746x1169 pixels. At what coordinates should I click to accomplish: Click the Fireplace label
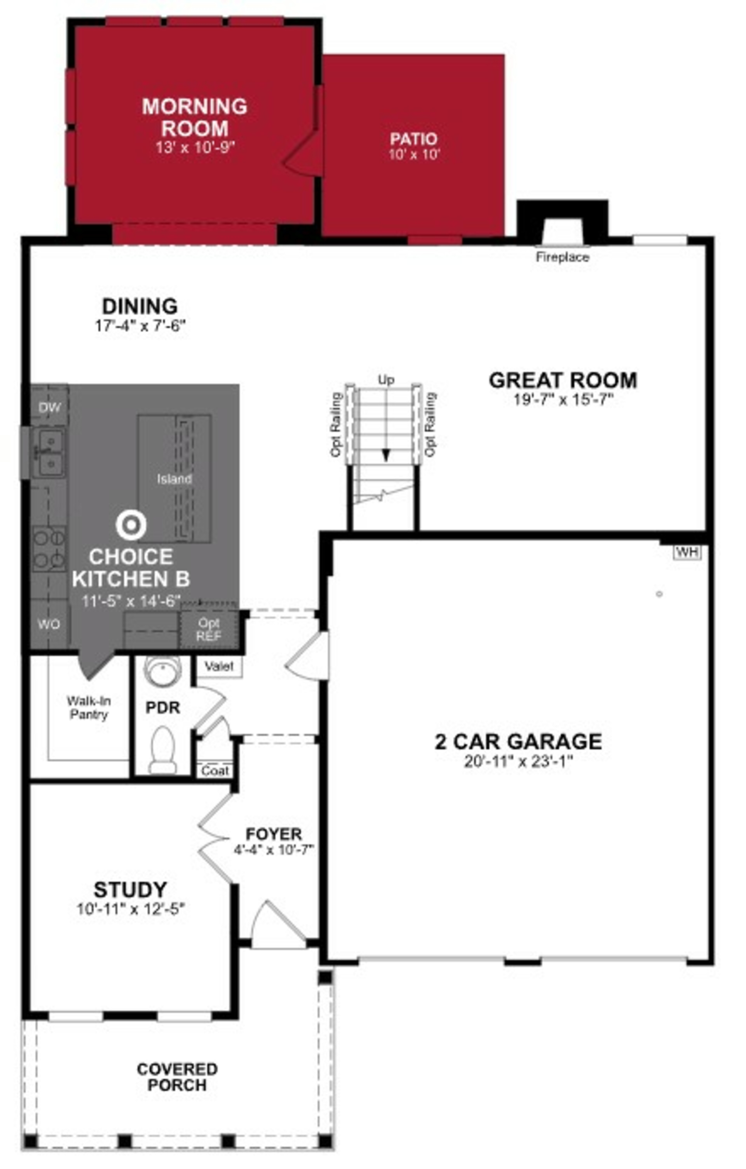tap(563, 257)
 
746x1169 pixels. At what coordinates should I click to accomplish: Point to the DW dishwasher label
tap(50, 407)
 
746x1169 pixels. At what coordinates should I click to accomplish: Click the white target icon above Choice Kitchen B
tap(131, 524)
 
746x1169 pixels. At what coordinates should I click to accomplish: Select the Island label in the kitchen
tap(174, 479)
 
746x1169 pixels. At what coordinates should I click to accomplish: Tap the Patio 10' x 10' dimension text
tap(414, 155)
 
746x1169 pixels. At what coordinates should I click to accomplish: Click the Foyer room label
tap(274, 834)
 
